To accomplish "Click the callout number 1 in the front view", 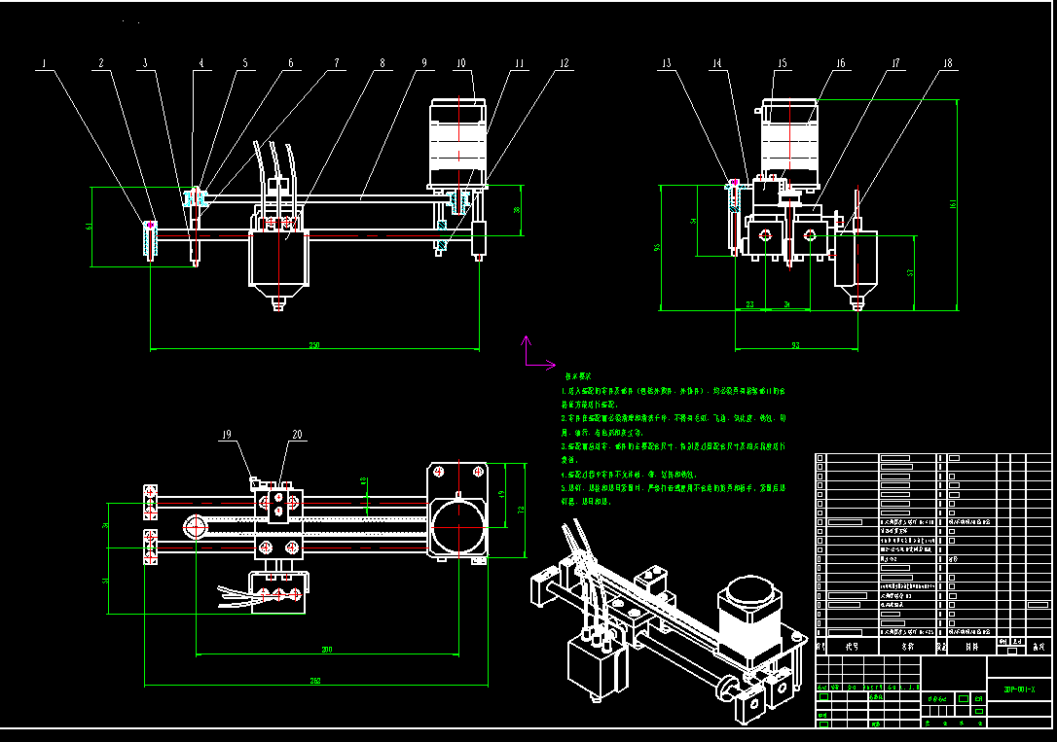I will (x=45, y=64).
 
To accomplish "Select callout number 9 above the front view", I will (x=424, y=64).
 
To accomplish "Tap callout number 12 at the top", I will (x=564, y=64).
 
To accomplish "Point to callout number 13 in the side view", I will (x=666, y=64).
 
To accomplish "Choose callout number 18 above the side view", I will (x=947, y=64).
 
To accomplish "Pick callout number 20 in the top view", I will (x=297, y=435).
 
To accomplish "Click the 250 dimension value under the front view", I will (x=313, y=345).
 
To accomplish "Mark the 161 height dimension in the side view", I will (x=954, y=203).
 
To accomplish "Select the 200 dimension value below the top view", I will (x=327, y=649).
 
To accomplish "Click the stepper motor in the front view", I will (x=457, y=141).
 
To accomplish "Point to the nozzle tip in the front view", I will (x=279, y=306).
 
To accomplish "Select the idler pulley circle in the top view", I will (x=194, y=526).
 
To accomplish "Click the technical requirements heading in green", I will (x=578, y=375).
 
